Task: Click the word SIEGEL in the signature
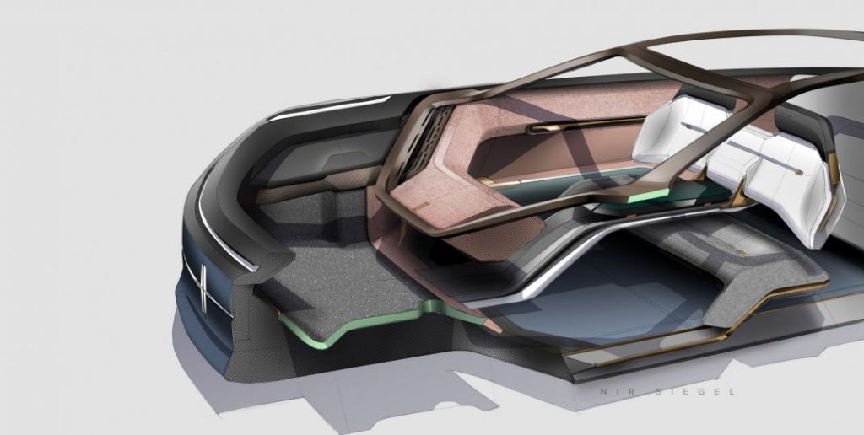tap(695, 391)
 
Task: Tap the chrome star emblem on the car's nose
tap(203, 287)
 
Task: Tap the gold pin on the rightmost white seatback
tap(798, 172)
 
